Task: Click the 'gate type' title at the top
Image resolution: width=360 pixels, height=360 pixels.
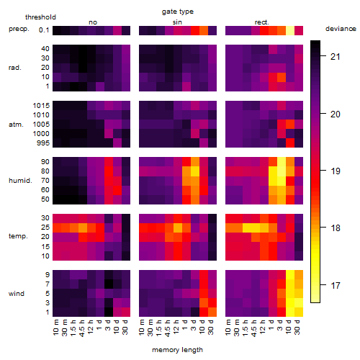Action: pyautogui.click(x=178, y=12)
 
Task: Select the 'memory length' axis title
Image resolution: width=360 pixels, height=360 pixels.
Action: pyautogui.click(x=178, y=350)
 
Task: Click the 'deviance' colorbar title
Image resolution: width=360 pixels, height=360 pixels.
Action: pyautogui.click(x=341, y=29)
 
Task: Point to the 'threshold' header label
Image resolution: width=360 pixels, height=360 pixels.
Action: pyautogui.click(x=40, y=17)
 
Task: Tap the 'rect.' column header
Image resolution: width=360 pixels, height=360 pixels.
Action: pyautogui.click(x=262, y=22)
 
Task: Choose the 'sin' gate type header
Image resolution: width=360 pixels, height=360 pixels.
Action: pyautogui.click(x=177, y=22)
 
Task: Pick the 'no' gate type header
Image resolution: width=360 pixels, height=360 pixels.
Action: pyautogui.click(x=93, y=22)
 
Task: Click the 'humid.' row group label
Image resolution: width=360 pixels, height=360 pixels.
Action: pyautogui.click(x=20, y=181)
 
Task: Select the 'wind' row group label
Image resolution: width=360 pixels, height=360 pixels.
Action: pyautogui.click(x=17, y=294)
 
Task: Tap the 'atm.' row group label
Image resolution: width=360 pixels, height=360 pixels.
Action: pyautogui.click(x=16, y=125)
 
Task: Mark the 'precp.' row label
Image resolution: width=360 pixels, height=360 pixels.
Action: pyautogui.click(x=19, y=29)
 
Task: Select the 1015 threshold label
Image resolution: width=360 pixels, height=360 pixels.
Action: pyautogui.click(x=41, y=106)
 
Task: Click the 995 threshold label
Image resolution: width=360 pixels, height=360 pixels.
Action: pyautogui.click(x=43, y=143)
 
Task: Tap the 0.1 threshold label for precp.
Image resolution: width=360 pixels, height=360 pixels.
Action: pyautogui.click(x=44, y=30)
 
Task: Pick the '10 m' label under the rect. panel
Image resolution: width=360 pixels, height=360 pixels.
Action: pyautogui.click(x=228, y=327)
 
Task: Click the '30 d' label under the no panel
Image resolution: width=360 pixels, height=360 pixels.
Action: pyautogui.click(x=125, y=327)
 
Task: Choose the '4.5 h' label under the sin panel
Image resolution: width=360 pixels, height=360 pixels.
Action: pyautogui.click(x=168, y=328)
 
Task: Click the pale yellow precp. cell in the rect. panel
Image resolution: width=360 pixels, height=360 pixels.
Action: pyautogui.click(x=290, y=30)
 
